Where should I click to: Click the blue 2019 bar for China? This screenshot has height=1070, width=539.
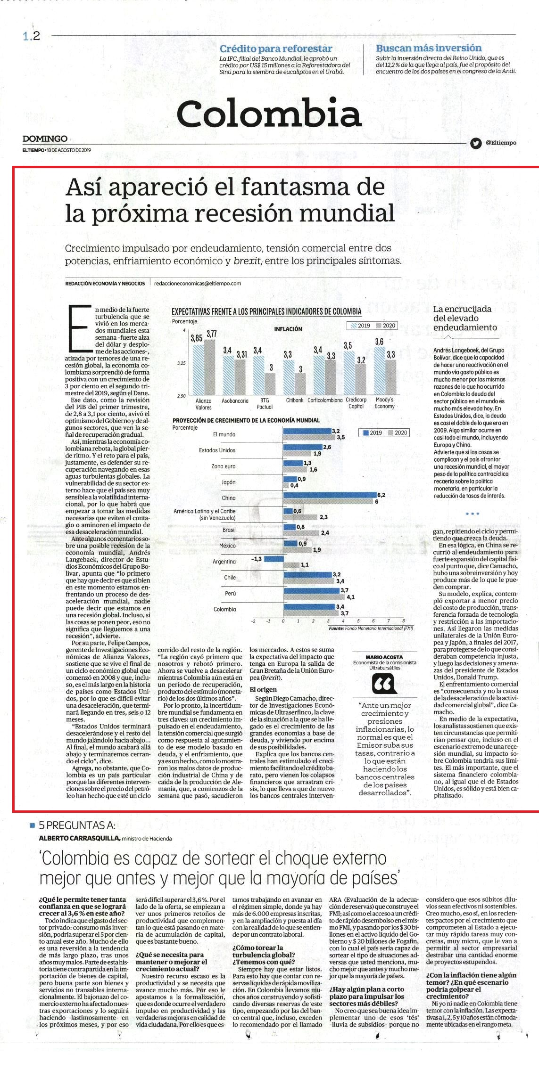point(330,495)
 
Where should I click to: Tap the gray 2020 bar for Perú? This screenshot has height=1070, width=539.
point(314,596)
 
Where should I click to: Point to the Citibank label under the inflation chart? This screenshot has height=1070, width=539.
point(294,400)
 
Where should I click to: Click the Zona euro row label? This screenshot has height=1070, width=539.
point(223,466)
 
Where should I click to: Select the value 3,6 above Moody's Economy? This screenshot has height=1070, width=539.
point(379,342)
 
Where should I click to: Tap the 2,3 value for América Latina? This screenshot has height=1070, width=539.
point(323,517)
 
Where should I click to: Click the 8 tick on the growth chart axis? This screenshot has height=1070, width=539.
point(403,621)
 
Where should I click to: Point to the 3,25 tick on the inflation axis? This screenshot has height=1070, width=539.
point(181,363)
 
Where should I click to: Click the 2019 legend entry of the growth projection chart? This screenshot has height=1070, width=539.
point(372,433)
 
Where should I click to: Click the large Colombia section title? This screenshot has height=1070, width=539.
point(269,113)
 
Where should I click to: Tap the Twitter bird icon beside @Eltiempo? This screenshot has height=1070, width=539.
point(476,143)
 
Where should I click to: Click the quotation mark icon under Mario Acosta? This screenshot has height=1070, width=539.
point(384,684)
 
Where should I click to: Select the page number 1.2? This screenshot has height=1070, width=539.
point(31,36)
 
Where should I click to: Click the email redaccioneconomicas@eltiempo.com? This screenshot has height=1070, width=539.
point(198,283)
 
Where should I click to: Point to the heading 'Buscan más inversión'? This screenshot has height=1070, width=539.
point(429,48)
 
